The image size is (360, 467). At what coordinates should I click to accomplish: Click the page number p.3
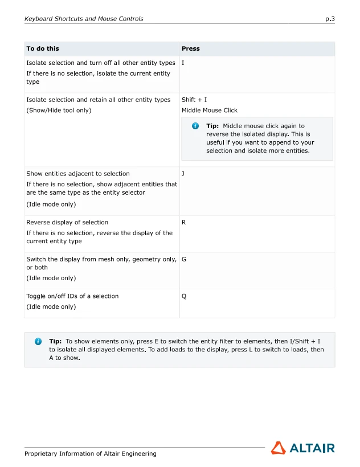[330, 19]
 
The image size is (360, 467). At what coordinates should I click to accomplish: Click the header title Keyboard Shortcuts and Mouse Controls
[84, 19]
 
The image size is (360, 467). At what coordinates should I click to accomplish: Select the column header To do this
[43, 48]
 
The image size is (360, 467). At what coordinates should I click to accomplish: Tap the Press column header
[190, 48]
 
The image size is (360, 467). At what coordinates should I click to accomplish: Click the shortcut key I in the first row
[183, 63]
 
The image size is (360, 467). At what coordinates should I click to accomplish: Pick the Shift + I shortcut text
[194, 100]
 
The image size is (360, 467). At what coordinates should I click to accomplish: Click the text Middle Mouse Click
[209, 110]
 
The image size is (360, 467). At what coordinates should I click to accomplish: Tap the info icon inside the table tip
[195, 126]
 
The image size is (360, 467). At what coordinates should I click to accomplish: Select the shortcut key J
[183, 174]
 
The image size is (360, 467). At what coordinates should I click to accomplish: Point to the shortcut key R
[183, 222]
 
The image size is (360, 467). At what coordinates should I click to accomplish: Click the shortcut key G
[184, 259]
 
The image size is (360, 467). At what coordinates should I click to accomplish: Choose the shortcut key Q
[184, 296]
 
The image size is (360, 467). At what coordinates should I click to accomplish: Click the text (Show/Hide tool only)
[58, 110]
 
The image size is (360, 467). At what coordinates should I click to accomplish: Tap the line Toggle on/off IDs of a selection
[72, 296]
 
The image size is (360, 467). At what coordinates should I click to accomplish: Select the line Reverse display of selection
[67, 222]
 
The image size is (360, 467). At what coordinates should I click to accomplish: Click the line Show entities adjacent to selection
[78, 174]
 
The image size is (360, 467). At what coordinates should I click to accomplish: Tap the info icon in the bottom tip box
[38, 341]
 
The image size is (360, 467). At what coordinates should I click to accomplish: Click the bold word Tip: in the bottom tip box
[55, 341]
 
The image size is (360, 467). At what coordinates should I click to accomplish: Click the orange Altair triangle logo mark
[278, 448]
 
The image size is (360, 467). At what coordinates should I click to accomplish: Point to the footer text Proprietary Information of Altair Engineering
[90, 454]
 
